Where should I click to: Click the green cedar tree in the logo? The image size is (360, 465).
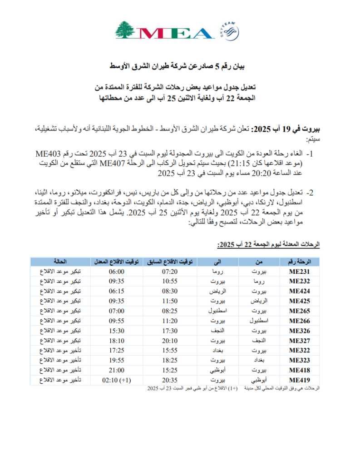(x=126, y=30)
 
